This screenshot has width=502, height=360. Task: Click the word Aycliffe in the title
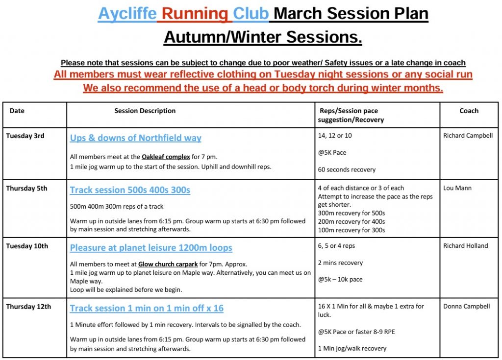[127, 14]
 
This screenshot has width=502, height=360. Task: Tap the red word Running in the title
[195, 14]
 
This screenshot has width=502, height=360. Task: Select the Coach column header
[469, 111]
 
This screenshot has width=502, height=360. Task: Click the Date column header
[17, 111]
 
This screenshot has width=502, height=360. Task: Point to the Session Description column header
[145, 111]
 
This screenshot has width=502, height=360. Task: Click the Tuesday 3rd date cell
[25, 136]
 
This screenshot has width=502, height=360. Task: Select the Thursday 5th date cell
[26, 188]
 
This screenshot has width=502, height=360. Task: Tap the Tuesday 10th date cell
[27, 246]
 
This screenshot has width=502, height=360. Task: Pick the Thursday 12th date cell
[28, 307]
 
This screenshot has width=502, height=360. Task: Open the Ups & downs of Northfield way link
[135, 138]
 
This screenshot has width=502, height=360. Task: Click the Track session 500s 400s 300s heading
[130, 190]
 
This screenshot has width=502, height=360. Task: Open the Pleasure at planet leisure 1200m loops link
[151, 248]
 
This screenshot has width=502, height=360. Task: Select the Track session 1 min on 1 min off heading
[147, 309]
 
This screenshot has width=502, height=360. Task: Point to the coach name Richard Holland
[465, 246]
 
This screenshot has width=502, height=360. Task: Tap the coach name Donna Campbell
[466, 307]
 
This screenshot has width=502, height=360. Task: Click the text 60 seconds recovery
[347, 169]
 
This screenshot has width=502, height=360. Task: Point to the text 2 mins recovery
[340, 263]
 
